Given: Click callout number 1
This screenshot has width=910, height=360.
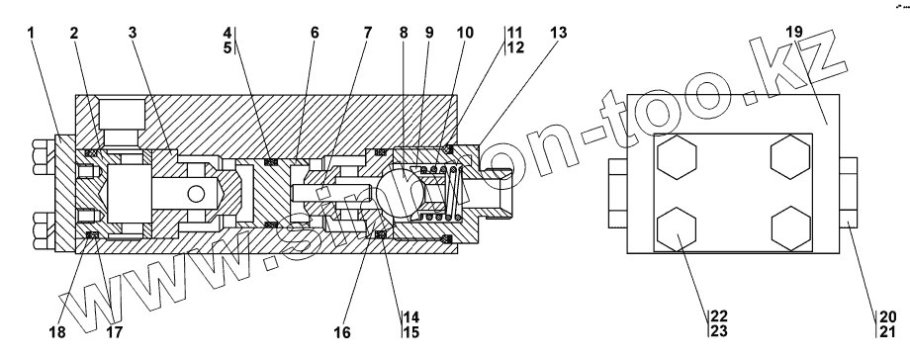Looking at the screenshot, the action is point(31,32).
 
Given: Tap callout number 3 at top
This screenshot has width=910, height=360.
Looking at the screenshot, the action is point(133,33).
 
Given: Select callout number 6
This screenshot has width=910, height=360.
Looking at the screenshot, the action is point(314,33).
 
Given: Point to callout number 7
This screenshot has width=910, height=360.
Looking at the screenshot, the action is point(368,33).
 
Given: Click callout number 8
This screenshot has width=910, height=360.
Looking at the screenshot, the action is point(404,33).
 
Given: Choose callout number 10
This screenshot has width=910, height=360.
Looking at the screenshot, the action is point(465,33).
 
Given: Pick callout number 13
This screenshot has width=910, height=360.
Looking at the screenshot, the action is point(558,33).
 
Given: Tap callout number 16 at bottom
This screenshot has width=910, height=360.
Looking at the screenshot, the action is point(342,332).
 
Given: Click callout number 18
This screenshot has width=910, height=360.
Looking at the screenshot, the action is point(57,332).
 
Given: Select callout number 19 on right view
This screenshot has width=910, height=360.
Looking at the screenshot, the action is point(794,32).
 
